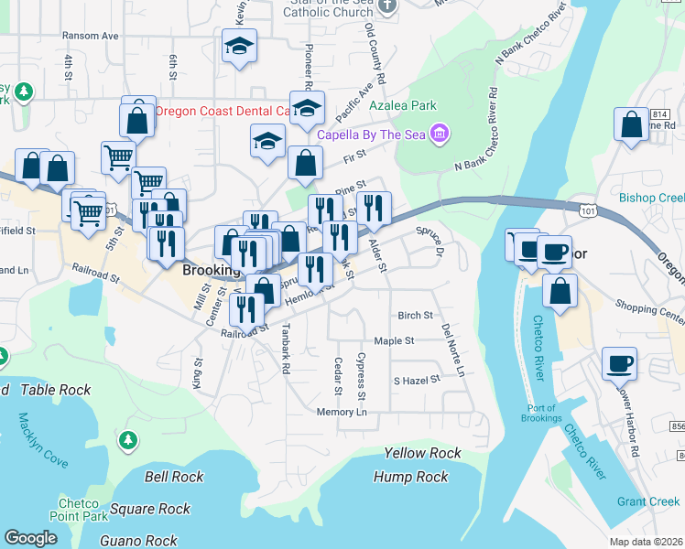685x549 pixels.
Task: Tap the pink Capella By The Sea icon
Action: point(440,135)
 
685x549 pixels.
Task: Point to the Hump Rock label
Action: point(411,477)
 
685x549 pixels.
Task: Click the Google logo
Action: point(30,537)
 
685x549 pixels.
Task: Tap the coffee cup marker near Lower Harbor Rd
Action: point(619,363)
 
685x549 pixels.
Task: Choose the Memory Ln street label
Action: point(342,413)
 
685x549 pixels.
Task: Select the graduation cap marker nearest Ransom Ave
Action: point(239,47)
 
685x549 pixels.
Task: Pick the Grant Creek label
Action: point(648,501)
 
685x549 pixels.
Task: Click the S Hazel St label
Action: point(417,379)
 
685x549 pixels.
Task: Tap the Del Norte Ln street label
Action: point(452,350)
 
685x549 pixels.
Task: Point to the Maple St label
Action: point(394,340)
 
